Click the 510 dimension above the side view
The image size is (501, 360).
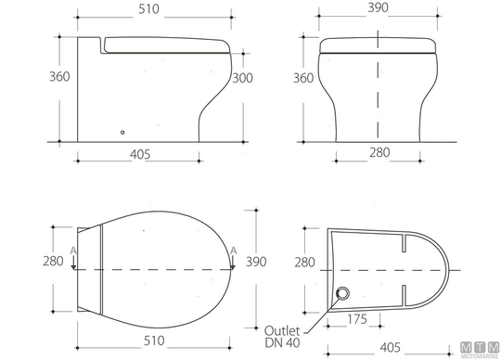(148, 9)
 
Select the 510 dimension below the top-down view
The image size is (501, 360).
(154, 341)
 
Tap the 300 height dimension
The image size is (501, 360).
(242, 78)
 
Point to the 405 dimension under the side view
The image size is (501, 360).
(140, 155)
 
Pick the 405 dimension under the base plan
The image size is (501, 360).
(390, 347)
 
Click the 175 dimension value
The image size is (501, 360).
(356, 319)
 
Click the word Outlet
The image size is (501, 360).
(282, 330)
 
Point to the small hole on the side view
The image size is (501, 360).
(122, 133)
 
